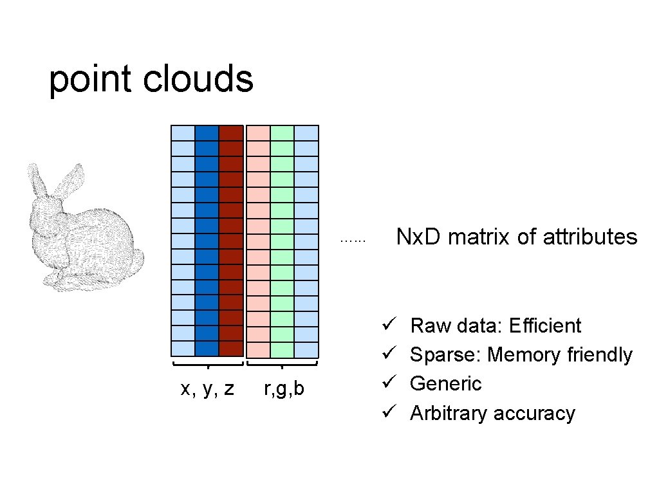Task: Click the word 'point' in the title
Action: [x=90, y=80]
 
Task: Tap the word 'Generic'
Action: [x=445, y=383]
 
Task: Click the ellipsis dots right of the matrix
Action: [x=353, y=241]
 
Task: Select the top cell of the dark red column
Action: [x=230, y=133]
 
